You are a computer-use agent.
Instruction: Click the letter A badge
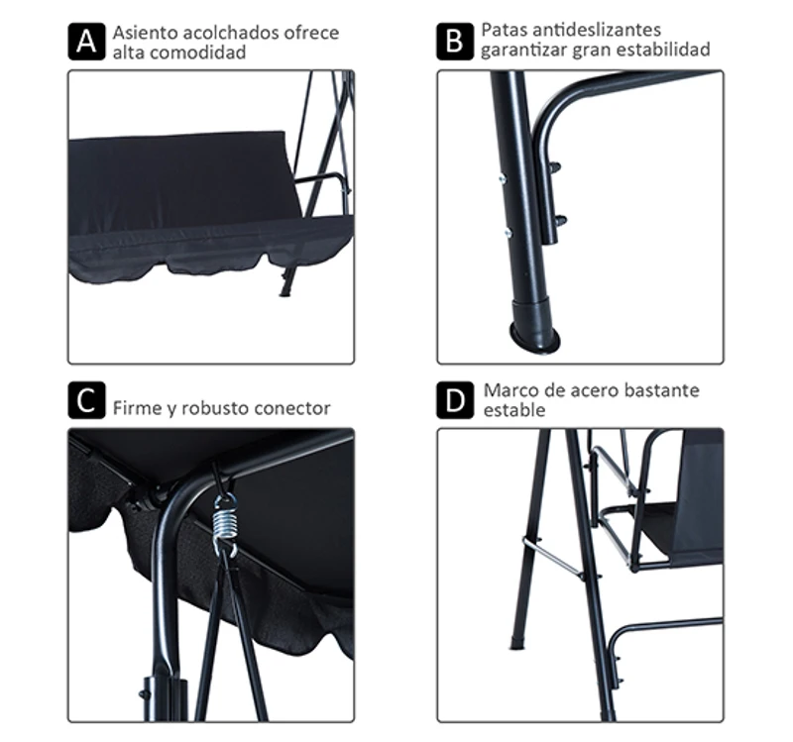pyautogui.click(x=85, y=42)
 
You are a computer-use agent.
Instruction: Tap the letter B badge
pyautogui.click(x=454, y=42)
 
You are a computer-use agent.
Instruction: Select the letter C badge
pyautogui.click(x=85, y=402)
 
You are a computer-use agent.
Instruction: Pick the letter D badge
pyautogui.click(x=454, y=402)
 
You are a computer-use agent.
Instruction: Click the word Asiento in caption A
pyautogui.click(x=143, y=33)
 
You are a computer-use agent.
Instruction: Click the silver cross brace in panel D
pyautogui.click(x=551, y=556)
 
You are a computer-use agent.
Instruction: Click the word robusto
pyautogui.click(x=207, y=408)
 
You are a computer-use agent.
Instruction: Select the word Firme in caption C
pyautogui.click(x=135, y=408)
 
